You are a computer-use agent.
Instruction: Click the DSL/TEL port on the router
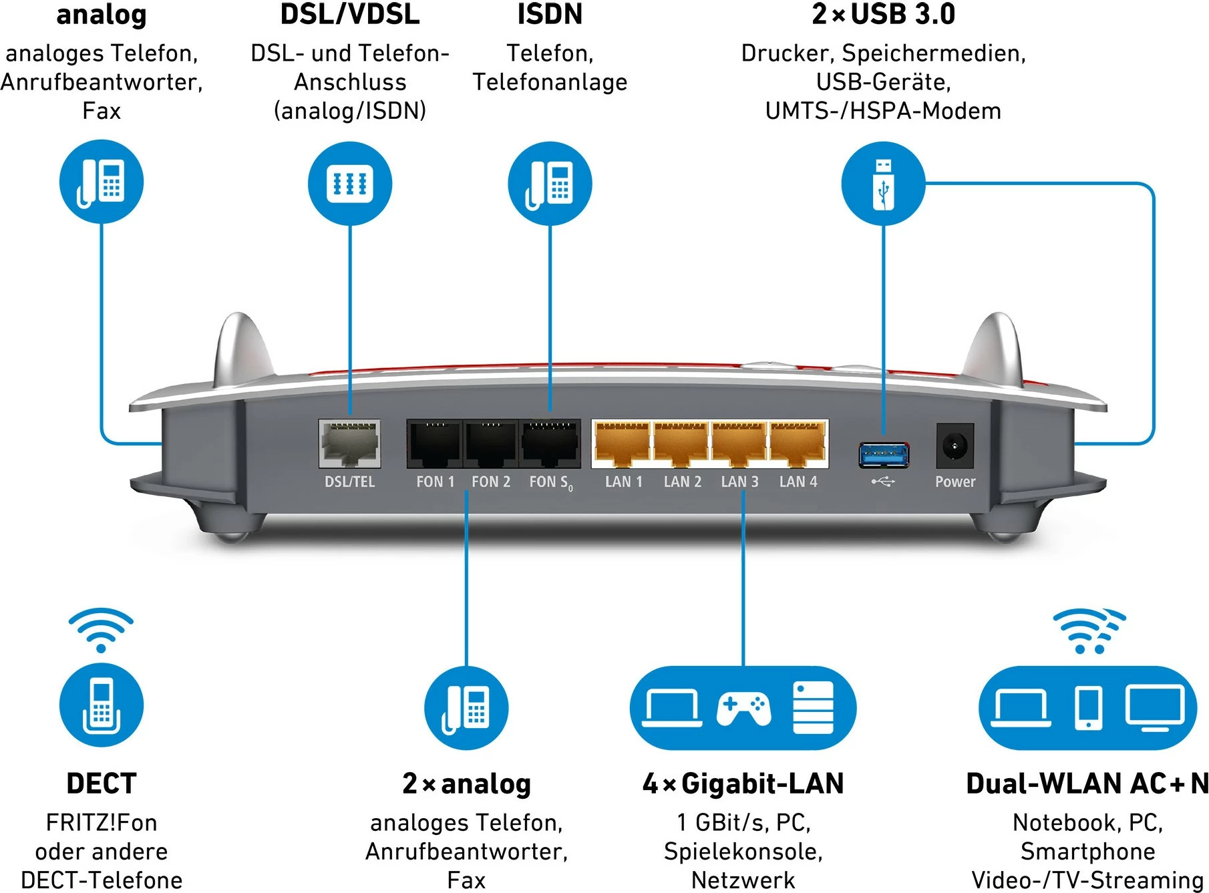(x=349, y=443)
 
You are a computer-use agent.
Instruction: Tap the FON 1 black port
(x=435, y=443)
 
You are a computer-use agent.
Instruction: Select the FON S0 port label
(x=550, y=482)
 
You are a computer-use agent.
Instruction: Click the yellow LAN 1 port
(x=622, y=443)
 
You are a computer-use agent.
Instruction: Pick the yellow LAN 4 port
(x=798, y=443)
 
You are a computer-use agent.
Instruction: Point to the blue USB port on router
(x=883, y=455)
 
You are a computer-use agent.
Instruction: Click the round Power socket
(x=955, y=445)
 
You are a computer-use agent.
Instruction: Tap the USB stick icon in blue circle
(x=883, y=184)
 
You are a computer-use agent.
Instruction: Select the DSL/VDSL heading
(x=349, y=15)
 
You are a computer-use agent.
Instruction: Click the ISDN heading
(x=550, y=15)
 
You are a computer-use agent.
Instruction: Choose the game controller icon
(x=743, y=709)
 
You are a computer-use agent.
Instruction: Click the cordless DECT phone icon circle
(x=102, y=705)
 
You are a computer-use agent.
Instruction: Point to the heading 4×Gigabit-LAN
(x=743, y=783)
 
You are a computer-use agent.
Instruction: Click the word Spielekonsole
(x=743, y=852)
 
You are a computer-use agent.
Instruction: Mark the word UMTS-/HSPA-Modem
(x=883, y=111)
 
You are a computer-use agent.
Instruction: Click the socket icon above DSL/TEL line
(x=349, y=183)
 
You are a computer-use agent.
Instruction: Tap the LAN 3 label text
(x=739, y=482)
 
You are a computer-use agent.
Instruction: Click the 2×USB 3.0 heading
(x=883, y=15)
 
